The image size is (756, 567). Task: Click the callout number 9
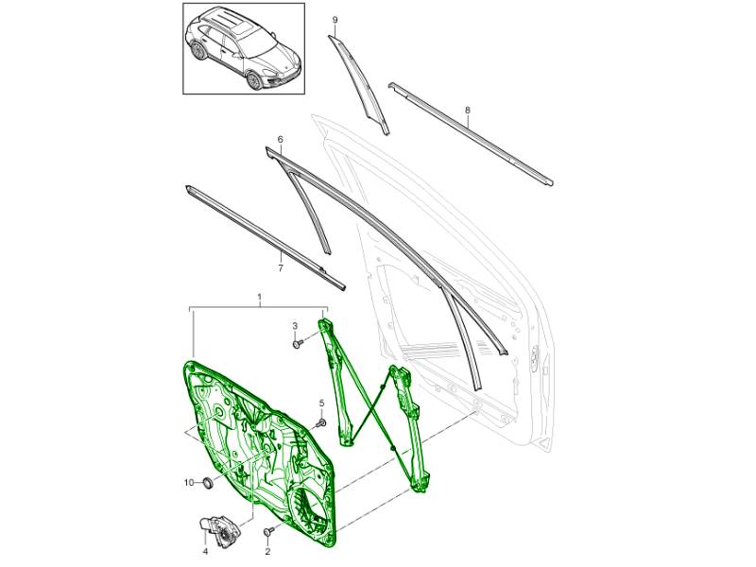335,20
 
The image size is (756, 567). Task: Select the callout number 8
467,111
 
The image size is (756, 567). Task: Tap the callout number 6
280,139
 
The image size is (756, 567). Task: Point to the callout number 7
281,268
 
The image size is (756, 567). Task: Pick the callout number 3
295,326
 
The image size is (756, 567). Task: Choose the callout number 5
322,404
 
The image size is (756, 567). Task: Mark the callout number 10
189,482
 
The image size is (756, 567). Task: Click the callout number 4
204,551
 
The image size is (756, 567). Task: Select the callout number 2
267,551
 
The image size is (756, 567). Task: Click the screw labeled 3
298,344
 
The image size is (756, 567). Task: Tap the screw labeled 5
321,423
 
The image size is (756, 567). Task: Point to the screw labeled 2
268,531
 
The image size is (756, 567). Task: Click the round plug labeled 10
208,482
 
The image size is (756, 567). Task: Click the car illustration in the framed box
243,49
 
